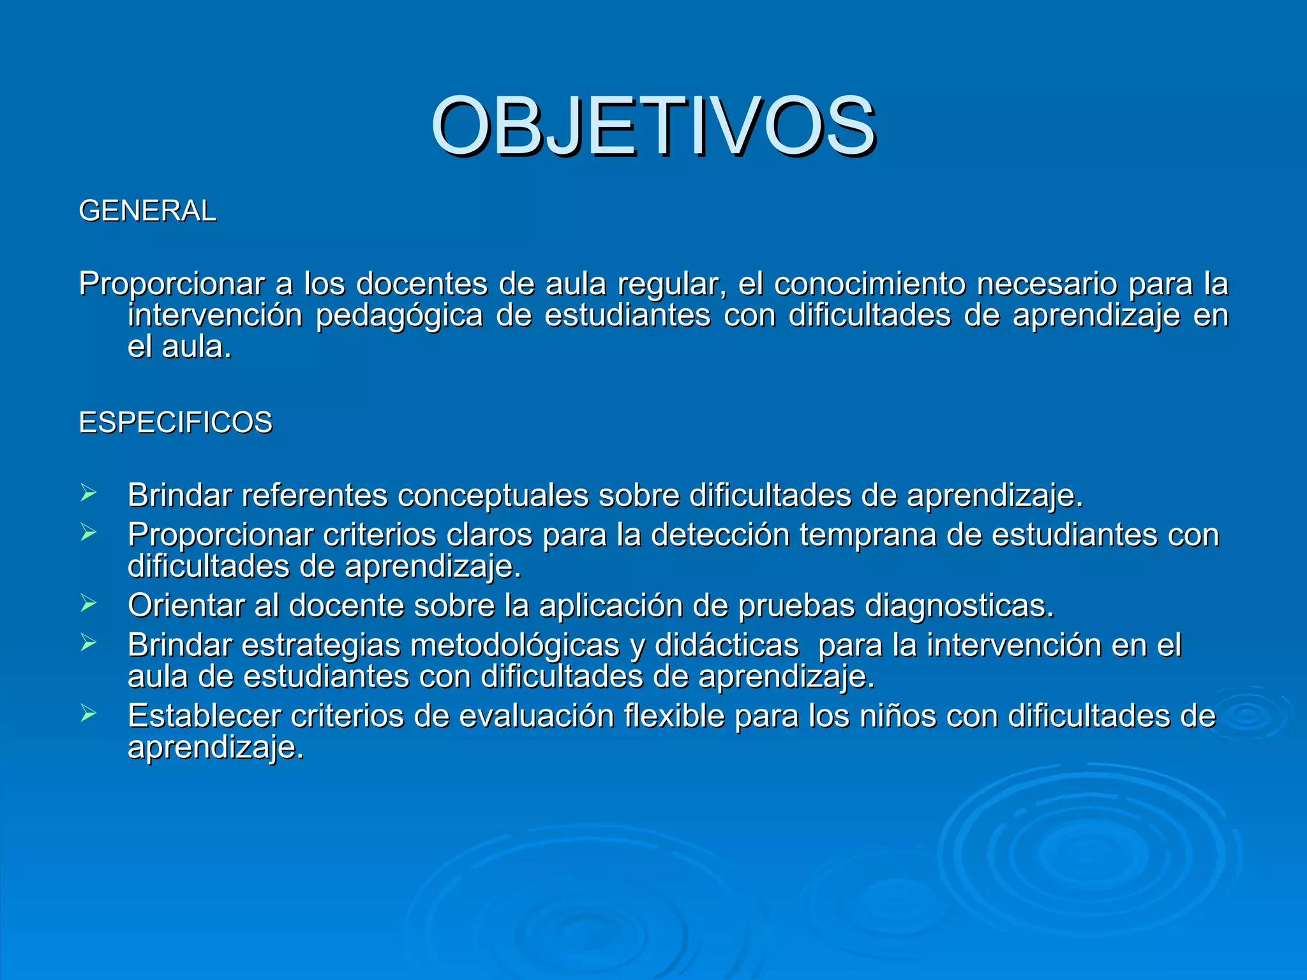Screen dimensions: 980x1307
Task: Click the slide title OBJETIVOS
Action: click(x=653, y=126)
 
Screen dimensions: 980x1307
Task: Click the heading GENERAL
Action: click(x=147, y=211)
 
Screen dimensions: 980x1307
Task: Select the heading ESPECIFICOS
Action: click(x=176, y=423)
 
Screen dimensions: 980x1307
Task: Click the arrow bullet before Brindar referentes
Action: click(x=88, y=493)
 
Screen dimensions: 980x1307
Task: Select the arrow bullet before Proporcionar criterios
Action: click(x=88, y=532)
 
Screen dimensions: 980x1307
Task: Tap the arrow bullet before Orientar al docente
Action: click(x=88, y=603)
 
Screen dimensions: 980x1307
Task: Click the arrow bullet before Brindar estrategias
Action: click(x=88, y=642)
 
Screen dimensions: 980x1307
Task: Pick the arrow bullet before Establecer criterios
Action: click(x=88, y=713)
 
